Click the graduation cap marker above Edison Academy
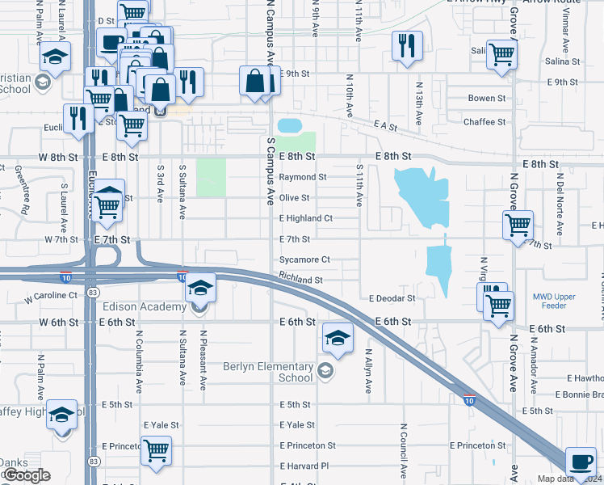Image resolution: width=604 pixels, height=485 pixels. (200, 288)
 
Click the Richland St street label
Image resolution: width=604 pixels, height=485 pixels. (301, 280)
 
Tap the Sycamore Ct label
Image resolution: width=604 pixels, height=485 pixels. (304, 259)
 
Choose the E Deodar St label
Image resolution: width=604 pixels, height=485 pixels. (392, 298)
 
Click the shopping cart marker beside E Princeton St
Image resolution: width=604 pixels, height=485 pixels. (155, 449)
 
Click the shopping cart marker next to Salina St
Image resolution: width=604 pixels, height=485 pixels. (501, 54)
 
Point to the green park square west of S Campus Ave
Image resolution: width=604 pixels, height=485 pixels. (211, 177)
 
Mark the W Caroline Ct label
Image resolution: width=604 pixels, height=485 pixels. (51, 297)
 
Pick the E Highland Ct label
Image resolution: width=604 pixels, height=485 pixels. (306, 218)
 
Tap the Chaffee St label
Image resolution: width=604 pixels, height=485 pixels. (484, 122)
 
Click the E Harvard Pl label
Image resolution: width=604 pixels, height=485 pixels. (304, 466)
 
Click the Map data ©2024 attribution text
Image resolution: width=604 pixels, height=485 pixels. (564, 479)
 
